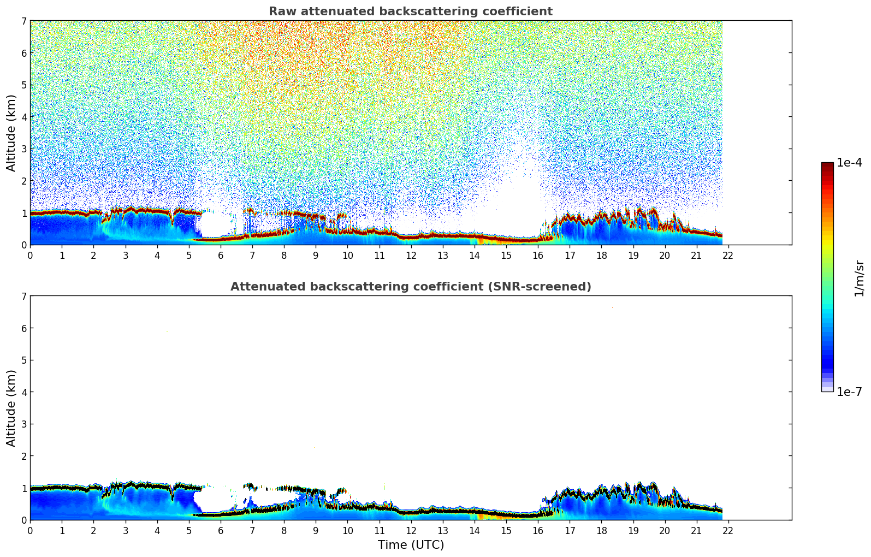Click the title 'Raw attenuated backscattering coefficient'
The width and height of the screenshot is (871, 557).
coord(411,11)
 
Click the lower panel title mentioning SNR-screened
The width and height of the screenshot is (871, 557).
coord(411,287)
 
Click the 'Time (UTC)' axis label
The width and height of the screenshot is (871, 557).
coord(411,545)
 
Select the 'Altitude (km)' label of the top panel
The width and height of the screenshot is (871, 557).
coord(11,133)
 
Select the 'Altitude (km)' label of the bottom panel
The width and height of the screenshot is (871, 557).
coord(11,408)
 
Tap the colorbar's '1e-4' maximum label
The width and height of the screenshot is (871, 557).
coord(849,163)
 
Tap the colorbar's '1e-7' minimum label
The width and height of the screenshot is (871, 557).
coord(849,392)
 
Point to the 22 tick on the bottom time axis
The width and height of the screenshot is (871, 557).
coord(728,531)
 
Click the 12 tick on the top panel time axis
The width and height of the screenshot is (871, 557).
coord(411,256)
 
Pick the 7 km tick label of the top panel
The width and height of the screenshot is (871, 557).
coord(24,21)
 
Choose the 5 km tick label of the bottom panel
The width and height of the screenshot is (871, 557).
coord(24,360)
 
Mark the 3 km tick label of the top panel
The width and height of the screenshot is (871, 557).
coord(24,149)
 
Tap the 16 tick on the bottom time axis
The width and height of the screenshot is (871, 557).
coord(538,531)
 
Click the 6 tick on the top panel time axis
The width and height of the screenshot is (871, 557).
coord(221,256)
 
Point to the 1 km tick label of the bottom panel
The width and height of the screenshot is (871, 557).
coord(24,488)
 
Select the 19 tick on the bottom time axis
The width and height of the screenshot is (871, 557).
coord(633,531)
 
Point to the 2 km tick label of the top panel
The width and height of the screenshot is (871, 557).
coord(24,181)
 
